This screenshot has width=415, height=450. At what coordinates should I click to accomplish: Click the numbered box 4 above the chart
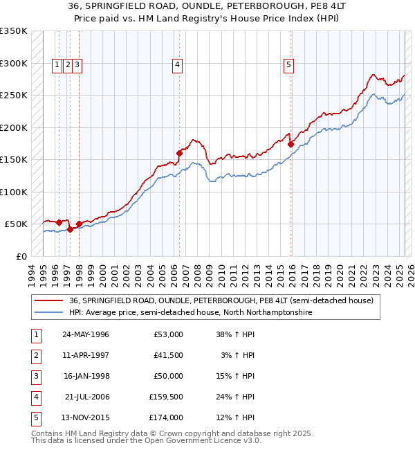click(x=178, y=66)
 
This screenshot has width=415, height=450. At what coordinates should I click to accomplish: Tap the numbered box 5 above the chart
click(x=288, y=66)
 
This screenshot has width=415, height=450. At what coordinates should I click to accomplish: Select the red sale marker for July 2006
click(x=179, y=153)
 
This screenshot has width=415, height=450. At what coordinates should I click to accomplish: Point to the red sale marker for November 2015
click(x=290, y=144)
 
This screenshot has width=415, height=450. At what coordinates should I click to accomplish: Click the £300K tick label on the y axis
click(x=14, y=63)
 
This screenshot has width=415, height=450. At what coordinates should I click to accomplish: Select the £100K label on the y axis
click(x=14, y=192)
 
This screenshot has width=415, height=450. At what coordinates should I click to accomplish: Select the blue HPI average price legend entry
click(x=190, y=312)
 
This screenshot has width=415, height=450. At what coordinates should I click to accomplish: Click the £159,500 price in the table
click(x=165, y=397)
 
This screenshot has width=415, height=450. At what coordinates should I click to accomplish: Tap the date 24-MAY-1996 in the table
click(x=86, y=334)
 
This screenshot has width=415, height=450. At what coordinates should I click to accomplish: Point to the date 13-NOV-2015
click(x=86, y=417)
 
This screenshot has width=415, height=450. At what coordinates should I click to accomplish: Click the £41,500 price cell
click(x=168, y=355)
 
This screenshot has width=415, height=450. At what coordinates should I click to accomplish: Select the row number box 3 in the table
click(x=34, y=376)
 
